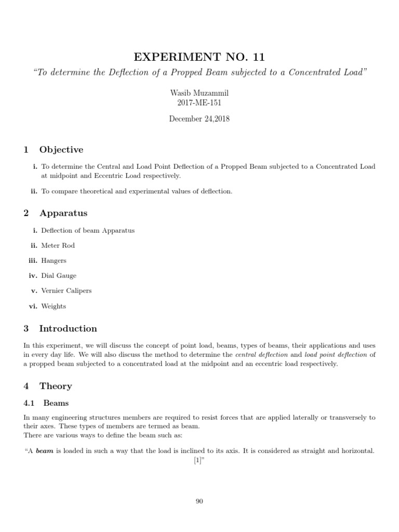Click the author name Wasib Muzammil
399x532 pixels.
(x=199, y=92)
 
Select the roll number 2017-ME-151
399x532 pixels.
(x=199, y=102)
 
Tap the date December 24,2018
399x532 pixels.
(x=199, y=118)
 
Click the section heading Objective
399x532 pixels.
(x=61, y=150)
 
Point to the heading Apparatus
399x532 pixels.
(x=63, y=213)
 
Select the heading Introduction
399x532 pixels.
(x=68, y=328)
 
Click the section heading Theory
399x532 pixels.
(x=56, y=386)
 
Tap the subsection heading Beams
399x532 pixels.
(x=56, y=403)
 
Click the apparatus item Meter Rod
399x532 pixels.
(x=58, y=245)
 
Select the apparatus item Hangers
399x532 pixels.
(x=54, y=260)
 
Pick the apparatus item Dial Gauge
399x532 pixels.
(x=59, y=276)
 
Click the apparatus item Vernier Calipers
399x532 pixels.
(x=66, y=291)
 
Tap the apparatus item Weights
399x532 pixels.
(x=54, y=307)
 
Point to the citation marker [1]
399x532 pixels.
(x=196, y=460)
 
